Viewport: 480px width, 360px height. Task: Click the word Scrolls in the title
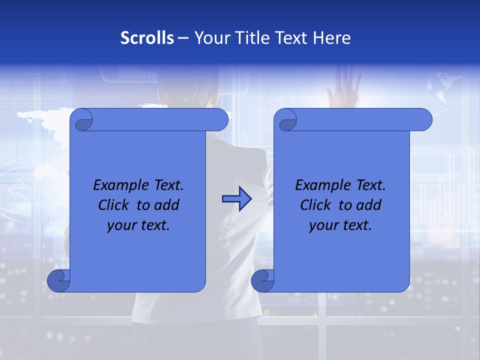(x=147, y=37)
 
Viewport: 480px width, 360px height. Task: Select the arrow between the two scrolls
(x=236, y=199)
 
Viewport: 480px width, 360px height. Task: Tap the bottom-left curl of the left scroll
(x=58, y=280)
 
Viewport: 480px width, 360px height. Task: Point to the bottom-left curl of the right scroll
(x=262, y=280)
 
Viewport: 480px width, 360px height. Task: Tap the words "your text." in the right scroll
(x=340, y=225)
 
